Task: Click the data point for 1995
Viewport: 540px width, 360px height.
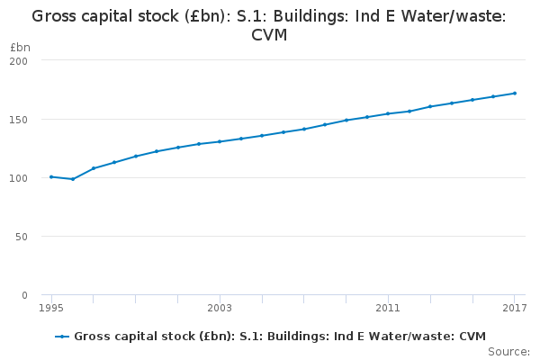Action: click(51, 176)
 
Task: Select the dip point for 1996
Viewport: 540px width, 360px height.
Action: click(73, 179)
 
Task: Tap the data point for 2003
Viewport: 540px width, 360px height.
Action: click(220, 141)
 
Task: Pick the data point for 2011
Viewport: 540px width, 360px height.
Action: click(388, 113)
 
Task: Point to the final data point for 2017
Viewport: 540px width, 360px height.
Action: click(515, 93)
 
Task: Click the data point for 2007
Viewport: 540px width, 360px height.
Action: click(304, 129)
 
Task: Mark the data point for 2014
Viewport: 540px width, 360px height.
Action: click(452, 103)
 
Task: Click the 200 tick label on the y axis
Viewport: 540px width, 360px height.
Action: click(18, 60)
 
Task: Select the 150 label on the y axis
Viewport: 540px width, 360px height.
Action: click(18, 120)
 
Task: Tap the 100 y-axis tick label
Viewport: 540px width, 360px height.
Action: click(18, 178)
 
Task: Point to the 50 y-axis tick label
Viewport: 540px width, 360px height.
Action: click(21, 237)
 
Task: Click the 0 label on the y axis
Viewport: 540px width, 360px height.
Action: click(24, 295)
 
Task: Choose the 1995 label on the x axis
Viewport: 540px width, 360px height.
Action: click(51, 308)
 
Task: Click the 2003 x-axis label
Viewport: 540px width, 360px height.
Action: click(220, 308)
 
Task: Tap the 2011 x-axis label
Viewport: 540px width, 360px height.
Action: click(388, 308)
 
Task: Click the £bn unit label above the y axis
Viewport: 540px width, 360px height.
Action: click(19, 46)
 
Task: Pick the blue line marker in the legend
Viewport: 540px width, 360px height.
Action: click(62, 337)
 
